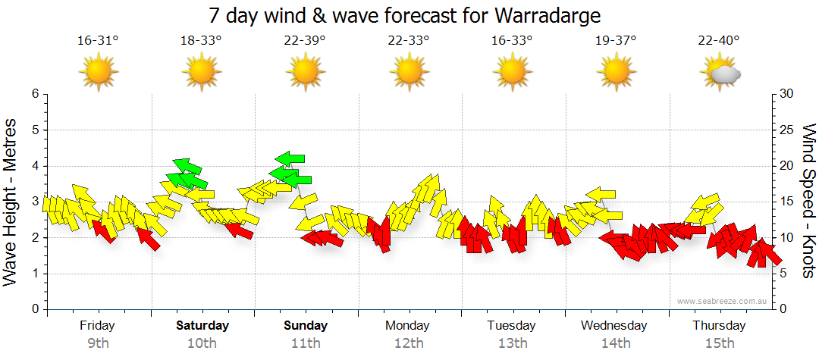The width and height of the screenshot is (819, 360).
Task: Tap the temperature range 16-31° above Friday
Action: pos(98,40)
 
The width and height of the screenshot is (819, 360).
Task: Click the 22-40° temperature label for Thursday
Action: pos(720,40)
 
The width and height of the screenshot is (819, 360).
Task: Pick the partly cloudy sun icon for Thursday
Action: pos(720,73)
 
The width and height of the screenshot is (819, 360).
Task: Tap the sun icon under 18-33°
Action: pos(201,73)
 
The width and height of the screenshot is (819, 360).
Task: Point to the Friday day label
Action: pos(98,326)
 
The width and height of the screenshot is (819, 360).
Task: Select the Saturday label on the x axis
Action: pos(202,326)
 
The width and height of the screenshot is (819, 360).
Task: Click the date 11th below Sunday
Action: pos(306,343)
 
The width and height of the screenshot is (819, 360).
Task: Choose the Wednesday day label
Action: pos(614,326)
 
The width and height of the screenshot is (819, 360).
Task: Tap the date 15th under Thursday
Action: pos(720,343)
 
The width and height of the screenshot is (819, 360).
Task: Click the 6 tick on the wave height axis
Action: pos(34,94)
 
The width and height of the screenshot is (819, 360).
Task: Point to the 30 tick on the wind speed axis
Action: pos(787,94)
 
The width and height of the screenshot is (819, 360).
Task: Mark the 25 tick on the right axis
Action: pos(787,130)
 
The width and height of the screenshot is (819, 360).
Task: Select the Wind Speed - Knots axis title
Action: pos(808,201)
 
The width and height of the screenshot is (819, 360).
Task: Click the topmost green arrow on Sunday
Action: pos(290,158)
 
